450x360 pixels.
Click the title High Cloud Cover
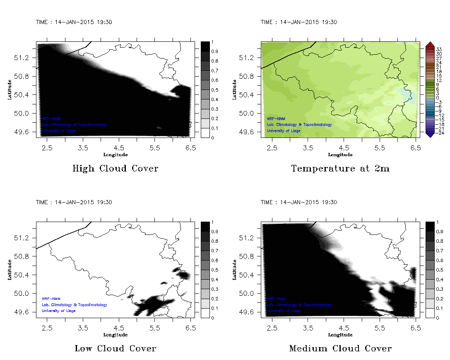[115, 169]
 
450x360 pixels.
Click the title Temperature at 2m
[340, 169]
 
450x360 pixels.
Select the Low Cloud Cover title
[115, 348]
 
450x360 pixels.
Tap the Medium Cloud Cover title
[340, 348]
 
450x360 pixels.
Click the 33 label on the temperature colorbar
[439, 49]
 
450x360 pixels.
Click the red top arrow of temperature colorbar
[429, 44]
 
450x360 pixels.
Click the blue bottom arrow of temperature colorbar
[429, 134]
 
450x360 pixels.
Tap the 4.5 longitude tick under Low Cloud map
[119, 327]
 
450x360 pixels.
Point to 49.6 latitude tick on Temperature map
[249, 132]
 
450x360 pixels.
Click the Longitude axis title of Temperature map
[340, 155]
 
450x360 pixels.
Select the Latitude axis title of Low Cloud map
[10, 270]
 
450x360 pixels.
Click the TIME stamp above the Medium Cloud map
[298, 202]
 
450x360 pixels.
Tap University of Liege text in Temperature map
[284, 131]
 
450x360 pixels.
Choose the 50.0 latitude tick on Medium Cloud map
[249, 294]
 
